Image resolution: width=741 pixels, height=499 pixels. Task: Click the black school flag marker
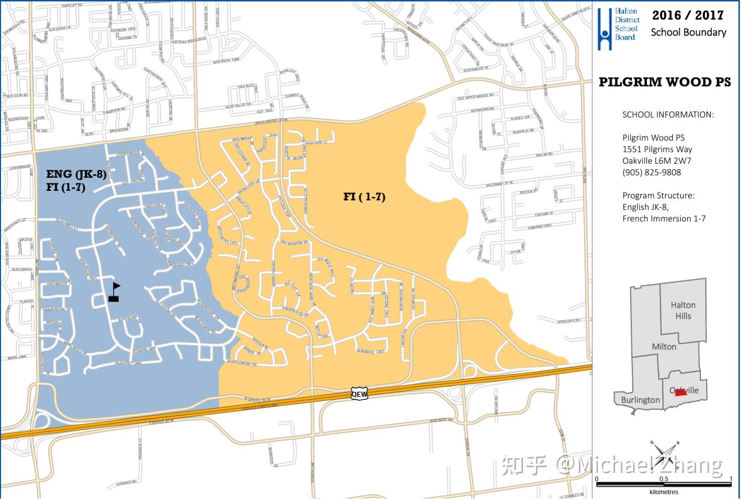[x=114, y=293]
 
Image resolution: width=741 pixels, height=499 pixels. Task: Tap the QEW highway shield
[x=359, y=394]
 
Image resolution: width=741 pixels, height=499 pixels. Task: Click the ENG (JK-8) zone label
[x=76, y=174]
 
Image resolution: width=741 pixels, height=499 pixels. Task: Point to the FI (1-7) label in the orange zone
[x=364, y=196]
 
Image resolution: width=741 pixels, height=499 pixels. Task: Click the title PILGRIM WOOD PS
[x=664, y=82]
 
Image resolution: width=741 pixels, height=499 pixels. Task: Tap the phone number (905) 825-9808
[x=651, y=172]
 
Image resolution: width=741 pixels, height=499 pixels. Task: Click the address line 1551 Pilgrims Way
[x=657, y=149]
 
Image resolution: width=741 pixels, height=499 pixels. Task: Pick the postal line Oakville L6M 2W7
[x=656, y=161]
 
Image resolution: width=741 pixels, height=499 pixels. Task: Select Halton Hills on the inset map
[x=683, y=310]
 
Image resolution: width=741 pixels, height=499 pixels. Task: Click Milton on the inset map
[x=664, y=346]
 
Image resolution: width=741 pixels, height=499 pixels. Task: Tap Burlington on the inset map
[x=640, y=400]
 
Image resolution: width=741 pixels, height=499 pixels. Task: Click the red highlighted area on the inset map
[x=681, y=393]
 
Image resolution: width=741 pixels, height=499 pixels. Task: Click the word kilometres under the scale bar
[x=663, y=492]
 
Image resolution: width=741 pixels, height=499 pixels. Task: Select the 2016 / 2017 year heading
[x=688, y=15]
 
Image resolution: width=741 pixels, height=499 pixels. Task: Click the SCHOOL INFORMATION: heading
[x=668, y=114]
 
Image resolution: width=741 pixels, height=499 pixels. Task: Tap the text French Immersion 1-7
[x=663, y=219]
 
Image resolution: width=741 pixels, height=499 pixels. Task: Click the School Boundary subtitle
[x=688, y=32]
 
